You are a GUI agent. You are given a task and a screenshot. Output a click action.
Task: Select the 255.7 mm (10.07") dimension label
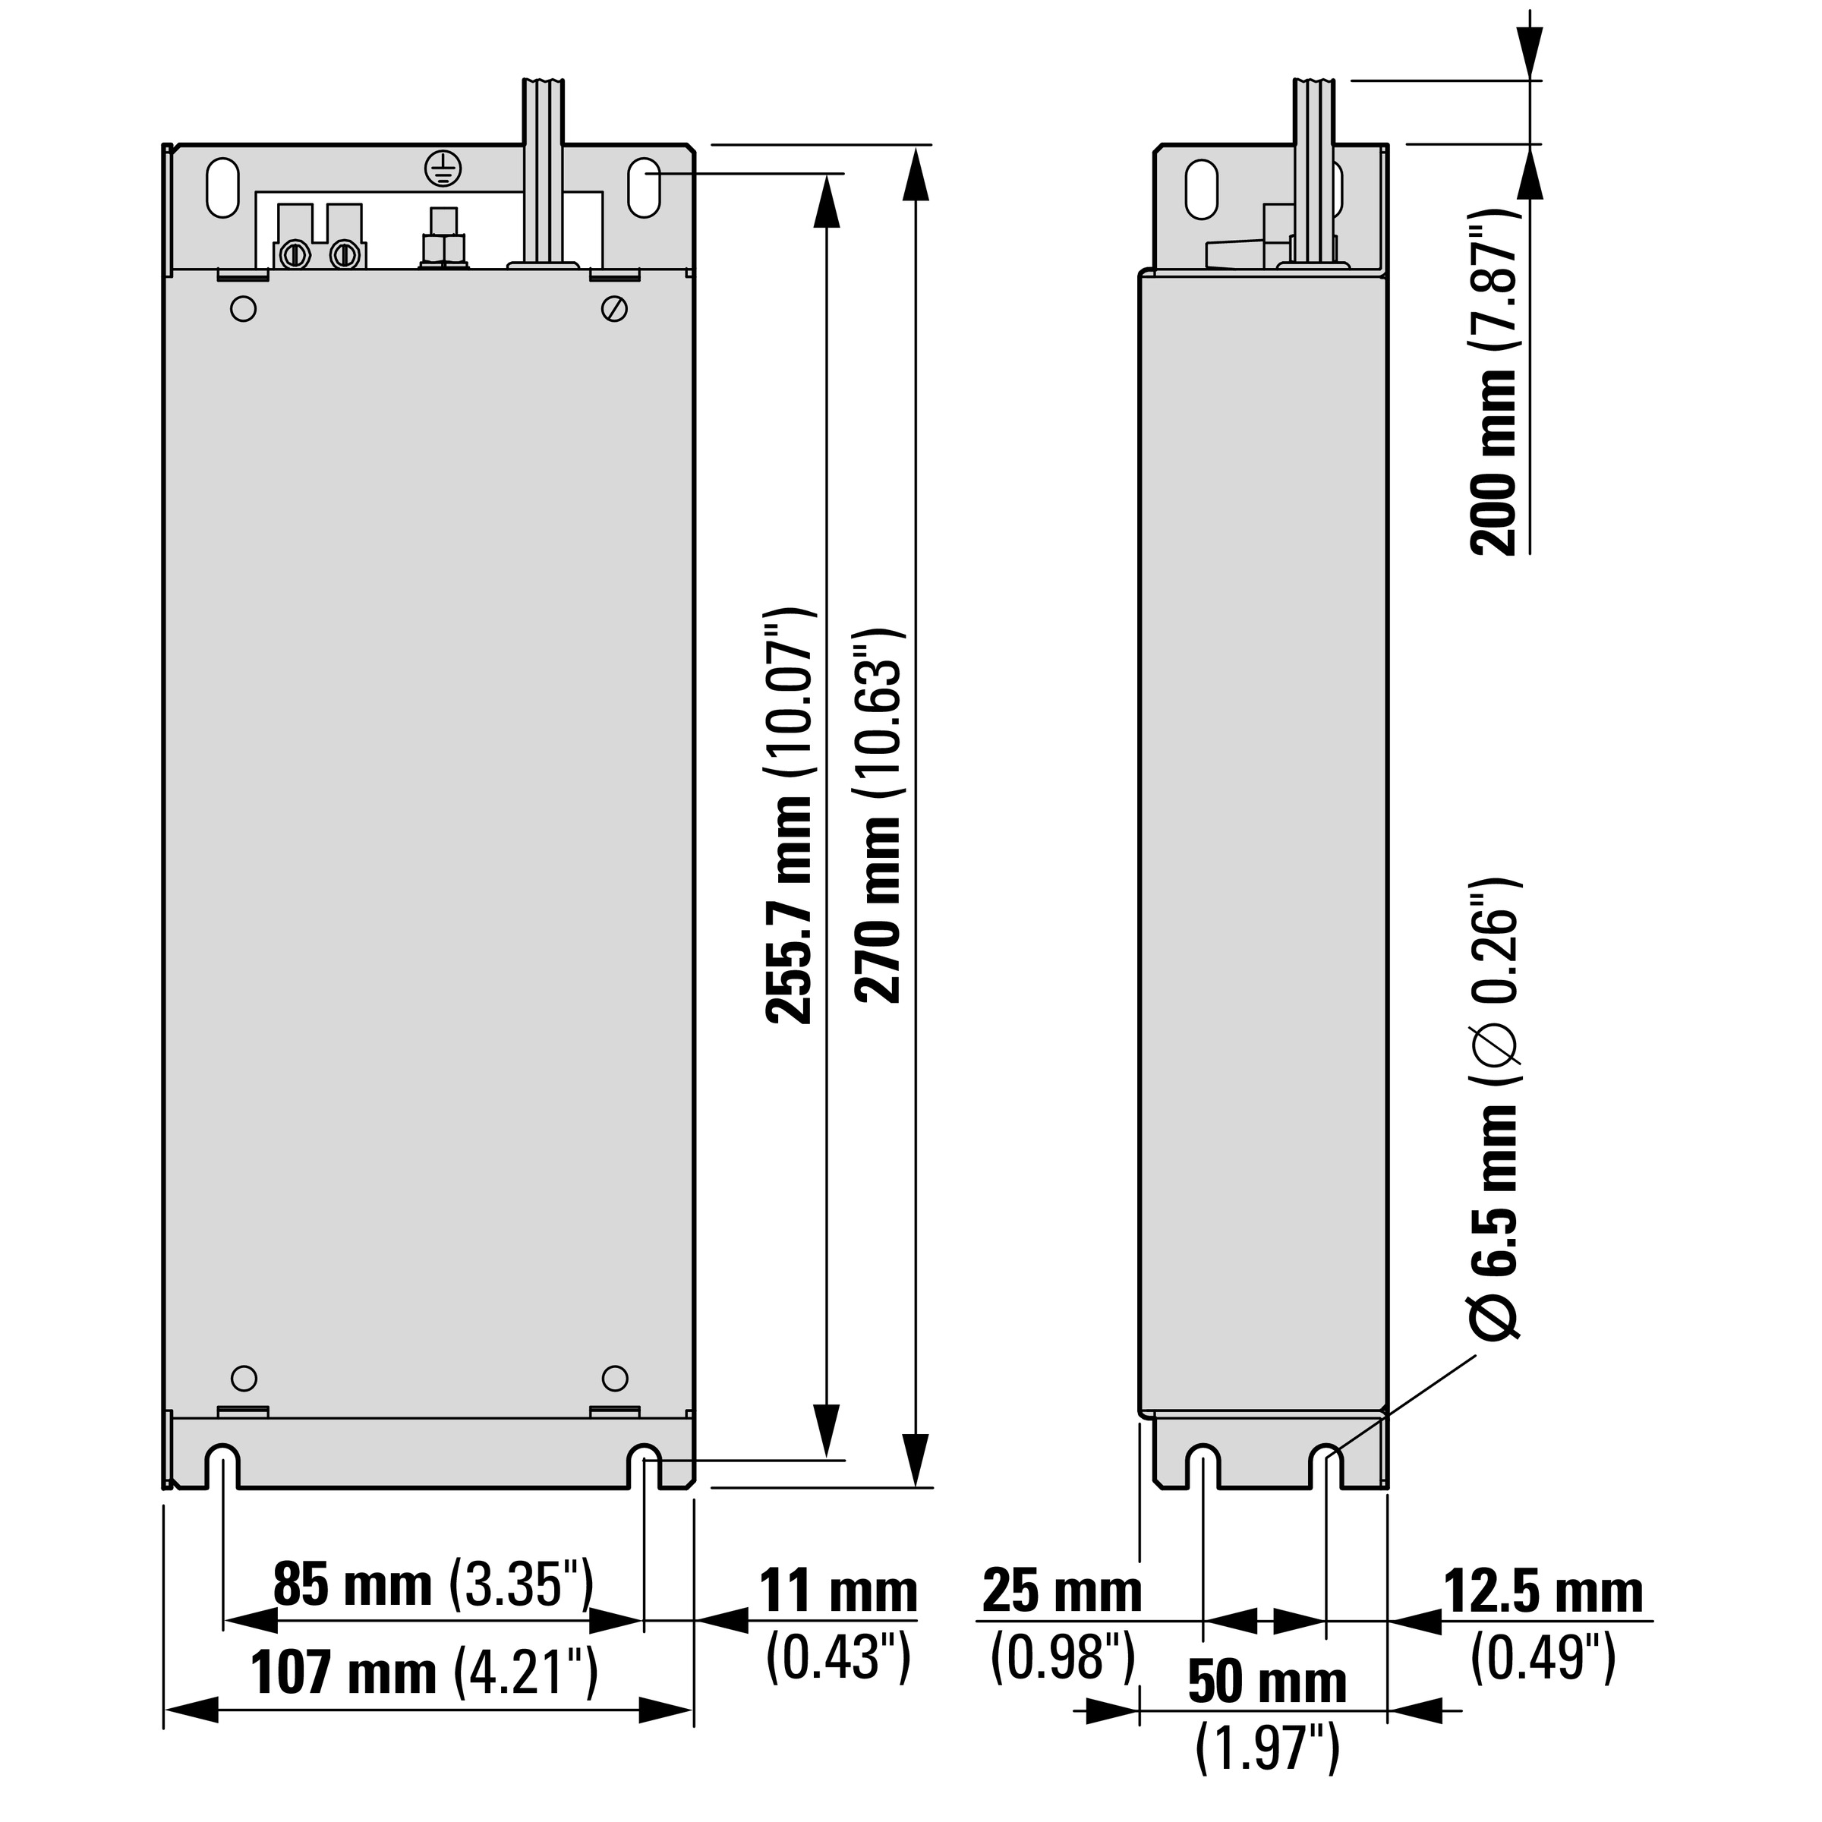[789, 816]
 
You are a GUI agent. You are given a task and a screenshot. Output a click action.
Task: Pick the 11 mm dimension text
[838, 1591]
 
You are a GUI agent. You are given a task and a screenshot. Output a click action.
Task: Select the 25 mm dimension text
[1061, 1591]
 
